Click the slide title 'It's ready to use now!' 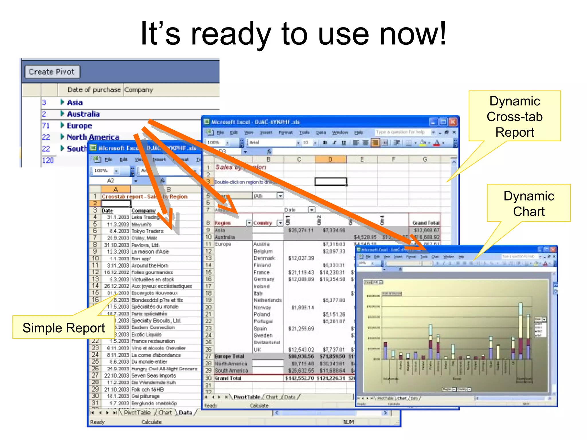[293, 34]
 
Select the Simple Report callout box [64, 328]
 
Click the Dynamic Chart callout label [529, 203]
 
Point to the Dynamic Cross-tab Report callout [514, 116]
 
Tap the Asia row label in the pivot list [75, 103]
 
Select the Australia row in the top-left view [83, 114]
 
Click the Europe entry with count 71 [79, 126]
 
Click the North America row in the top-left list [93, 137]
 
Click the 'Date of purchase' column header [94, 90]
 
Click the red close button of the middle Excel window [453, 122]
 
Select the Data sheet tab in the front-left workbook [185, 412]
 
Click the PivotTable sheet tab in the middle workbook [246, 397]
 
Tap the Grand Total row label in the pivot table [228, 378]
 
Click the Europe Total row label [229, 357]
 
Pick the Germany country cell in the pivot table [264, 279]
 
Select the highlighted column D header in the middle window [330, 160]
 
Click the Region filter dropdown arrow [249, 223]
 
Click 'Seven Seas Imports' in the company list [154, 376]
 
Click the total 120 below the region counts [48, 160]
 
